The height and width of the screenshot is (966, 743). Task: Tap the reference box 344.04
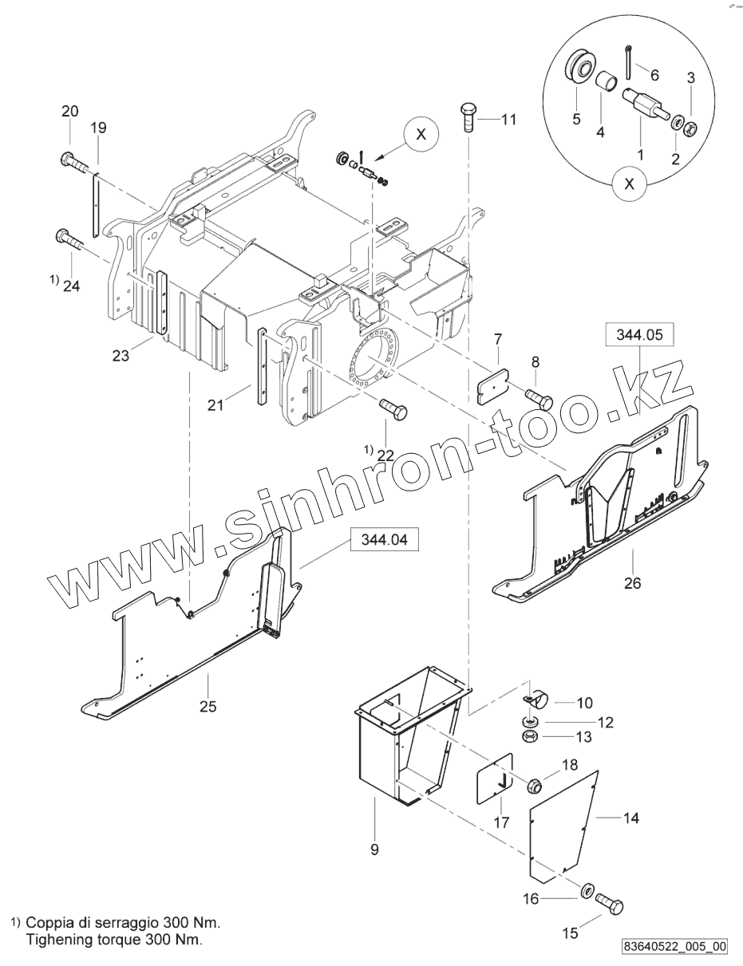(x=384, y=540)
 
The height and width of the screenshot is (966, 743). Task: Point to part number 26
(x=632, y=583)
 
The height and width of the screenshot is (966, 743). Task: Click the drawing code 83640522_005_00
(x=676, y=946)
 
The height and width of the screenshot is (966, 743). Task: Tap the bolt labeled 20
(x=73, y=164)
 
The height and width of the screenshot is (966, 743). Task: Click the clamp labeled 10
(x=536, y=700)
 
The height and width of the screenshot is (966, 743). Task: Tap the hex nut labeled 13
(x=528, y=736)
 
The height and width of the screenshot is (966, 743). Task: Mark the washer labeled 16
(x=587, y=890)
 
